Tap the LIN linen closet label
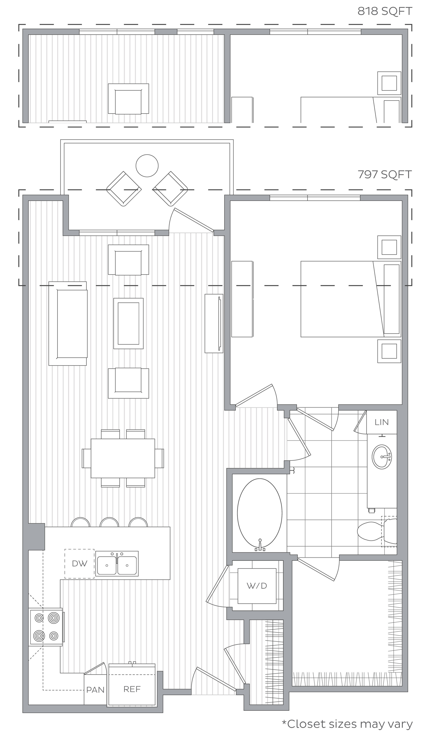point(382,422)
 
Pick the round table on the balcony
point(147,166)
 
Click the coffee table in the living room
point(129,323)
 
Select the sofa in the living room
point(68,323)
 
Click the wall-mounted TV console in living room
point(214,323)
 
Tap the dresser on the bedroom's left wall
point(242,299)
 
